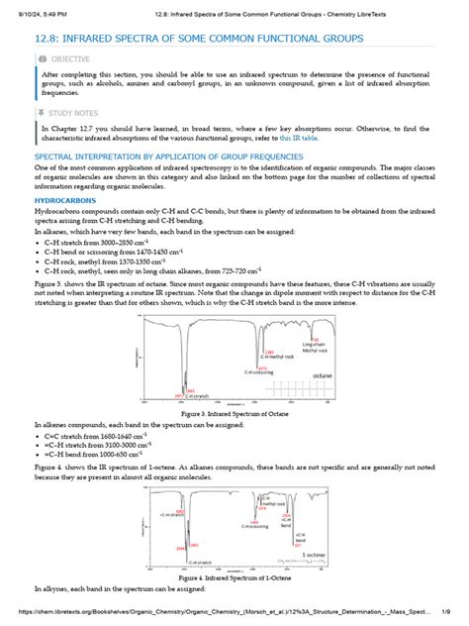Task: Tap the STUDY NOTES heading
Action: (70, 114)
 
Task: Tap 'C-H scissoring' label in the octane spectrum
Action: (259, 372)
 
